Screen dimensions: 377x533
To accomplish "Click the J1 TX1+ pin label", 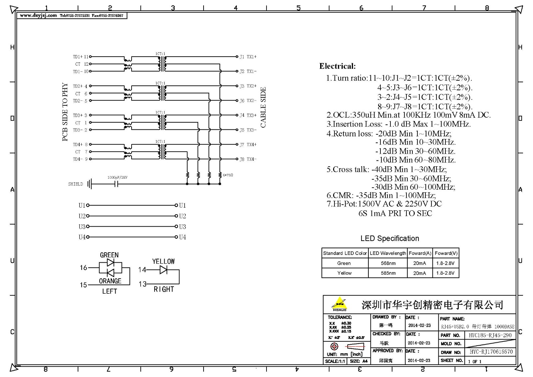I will coord(248,57).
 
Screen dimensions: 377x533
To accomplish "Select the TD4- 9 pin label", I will coord(80,159).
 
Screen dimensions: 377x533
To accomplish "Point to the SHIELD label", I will coord(75,184).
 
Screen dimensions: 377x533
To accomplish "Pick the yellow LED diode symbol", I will coord(163,270).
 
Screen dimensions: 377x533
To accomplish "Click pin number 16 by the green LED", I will coord(83,268).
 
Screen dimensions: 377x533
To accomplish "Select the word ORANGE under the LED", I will coord(110,281).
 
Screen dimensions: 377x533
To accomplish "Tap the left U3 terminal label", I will coord(82,227).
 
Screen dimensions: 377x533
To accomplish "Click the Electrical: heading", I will coord(337,66).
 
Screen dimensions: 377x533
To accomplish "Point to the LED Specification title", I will coord(390,238).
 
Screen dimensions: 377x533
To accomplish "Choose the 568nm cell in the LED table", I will coord(388,263).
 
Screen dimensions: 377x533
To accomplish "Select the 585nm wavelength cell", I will coord(388,273).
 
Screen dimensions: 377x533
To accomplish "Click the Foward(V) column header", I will coord(446,253).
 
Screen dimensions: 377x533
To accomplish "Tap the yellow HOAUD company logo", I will coord(339,304).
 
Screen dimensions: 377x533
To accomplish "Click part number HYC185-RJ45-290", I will coord(490,335).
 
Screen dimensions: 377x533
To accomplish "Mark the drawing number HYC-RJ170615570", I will coord(491,352).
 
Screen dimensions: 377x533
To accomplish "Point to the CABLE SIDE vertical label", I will coord(263,107).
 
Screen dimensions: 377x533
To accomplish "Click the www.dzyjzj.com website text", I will coord(38,16).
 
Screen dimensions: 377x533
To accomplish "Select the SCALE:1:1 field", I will coord(335,361).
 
